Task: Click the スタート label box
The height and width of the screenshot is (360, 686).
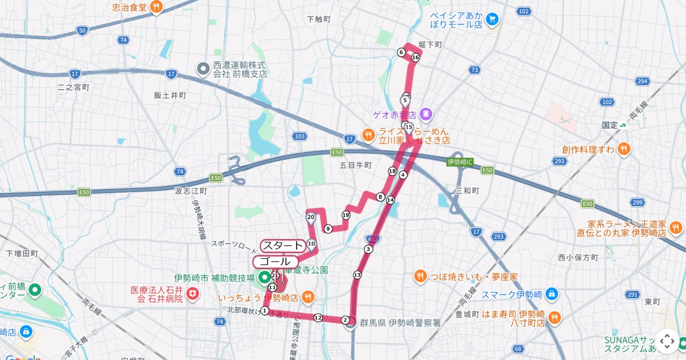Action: pyautogui.click(x=282, y=246)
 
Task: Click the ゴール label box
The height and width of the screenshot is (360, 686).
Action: pyautogui.click(x=275, y=261)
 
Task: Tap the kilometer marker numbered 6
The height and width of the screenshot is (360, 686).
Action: pyautogui.click(x=401, y=53)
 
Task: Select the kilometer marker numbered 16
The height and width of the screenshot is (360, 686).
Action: pyautogui.click(x=416, y=58)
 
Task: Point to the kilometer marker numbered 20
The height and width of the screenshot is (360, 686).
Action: pyautogui.click(x=311, y=217)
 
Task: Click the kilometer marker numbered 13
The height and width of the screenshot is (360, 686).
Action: pyautogui.click(x=357, y=275)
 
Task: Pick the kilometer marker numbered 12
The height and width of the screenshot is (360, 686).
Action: pyautogui.click(x=318, y=318)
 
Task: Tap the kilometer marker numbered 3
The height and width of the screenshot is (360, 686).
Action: pyautogui.click(x=368, y=249)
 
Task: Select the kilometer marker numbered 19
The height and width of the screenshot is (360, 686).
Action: pyautogui.click(x=345, y=215)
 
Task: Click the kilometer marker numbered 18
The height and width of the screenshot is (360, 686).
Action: pyautogui.click(x=392, y=171)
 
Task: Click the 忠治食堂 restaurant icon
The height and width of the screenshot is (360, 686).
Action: pyautogui.click(x=156, y=7)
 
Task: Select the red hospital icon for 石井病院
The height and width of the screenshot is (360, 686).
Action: pyautogui.click(x=193, y=294)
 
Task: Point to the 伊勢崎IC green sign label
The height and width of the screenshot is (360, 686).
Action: pyautogui.click(x=460, y=162)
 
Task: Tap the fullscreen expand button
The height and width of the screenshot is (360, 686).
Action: pyautogui.click(x=667, y=341)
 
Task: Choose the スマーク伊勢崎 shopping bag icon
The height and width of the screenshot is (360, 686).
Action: pyautogui.click(x=551, y=295)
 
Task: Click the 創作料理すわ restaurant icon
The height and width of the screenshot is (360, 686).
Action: pyautogui.click(x=624, y=150)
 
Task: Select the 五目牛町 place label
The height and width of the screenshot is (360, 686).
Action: pyautogui.click(x=356, y=165)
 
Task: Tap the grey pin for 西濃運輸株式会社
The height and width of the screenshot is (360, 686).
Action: pyautogui.click(x=203, y=69)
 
